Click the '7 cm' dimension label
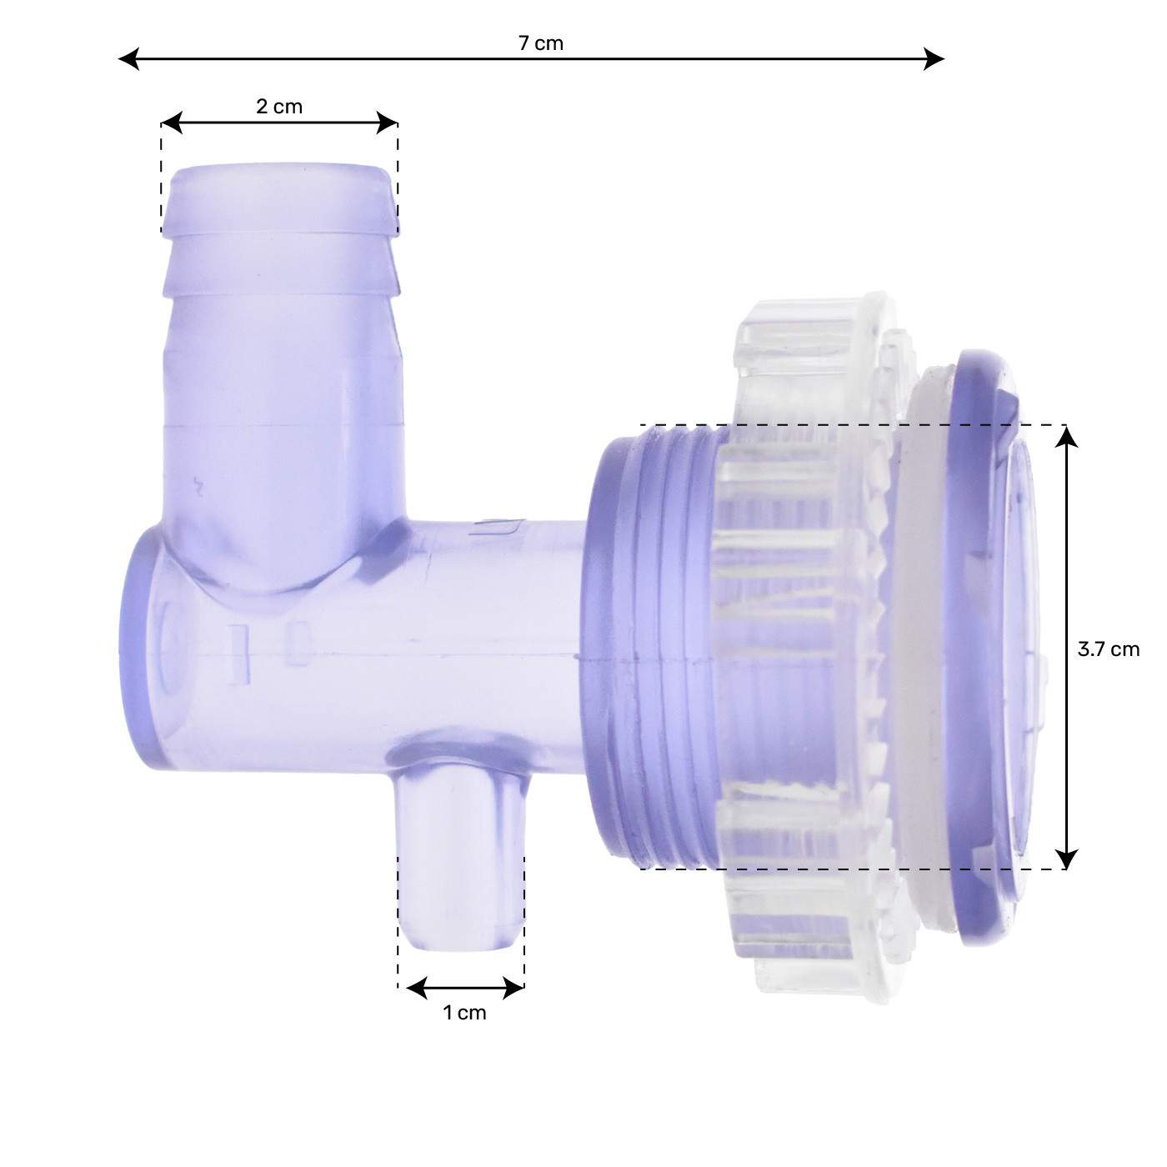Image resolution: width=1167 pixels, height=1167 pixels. coord(541,43)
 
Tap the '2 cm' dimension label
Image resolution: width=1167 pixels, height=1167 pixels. coord(278,107)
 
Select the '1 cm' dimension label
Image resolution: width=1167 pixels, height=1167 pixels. coord(463,1013)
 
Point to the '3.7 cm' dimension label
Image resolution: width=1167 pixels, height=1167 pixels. coord(1108,649)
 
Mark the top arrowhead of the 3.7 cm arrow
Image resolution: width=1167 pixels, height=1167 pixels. coord(1066,436)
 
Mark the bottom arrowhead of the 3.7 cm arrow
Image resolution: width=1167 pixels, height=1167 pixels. coord(1066,859)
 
